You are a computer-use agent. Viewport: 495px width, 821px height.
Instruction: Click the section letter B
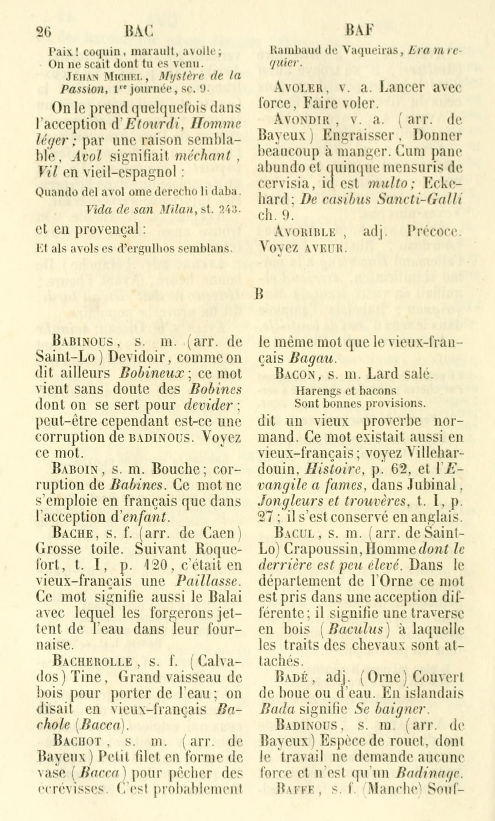[x=258, y=294]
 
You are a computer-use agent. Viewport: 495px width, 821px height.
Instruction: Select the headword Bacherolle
[x=94, y=661]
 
